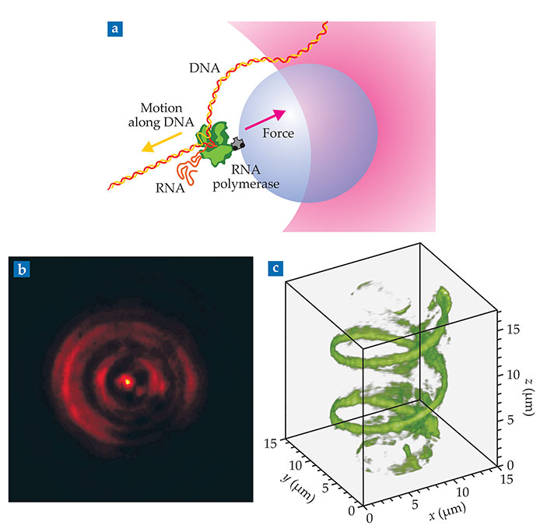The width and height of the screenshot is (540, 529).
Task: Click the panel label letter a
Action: [x=116, y=30]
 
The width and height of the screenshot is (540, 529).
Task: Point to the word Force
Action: [x=278, y=133]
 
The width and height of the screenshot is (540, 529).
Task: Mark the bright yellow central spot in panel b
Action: [x=128, y=382]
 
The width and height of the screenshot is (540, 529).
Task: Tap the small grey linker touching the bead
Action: [x=237, y=143]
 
